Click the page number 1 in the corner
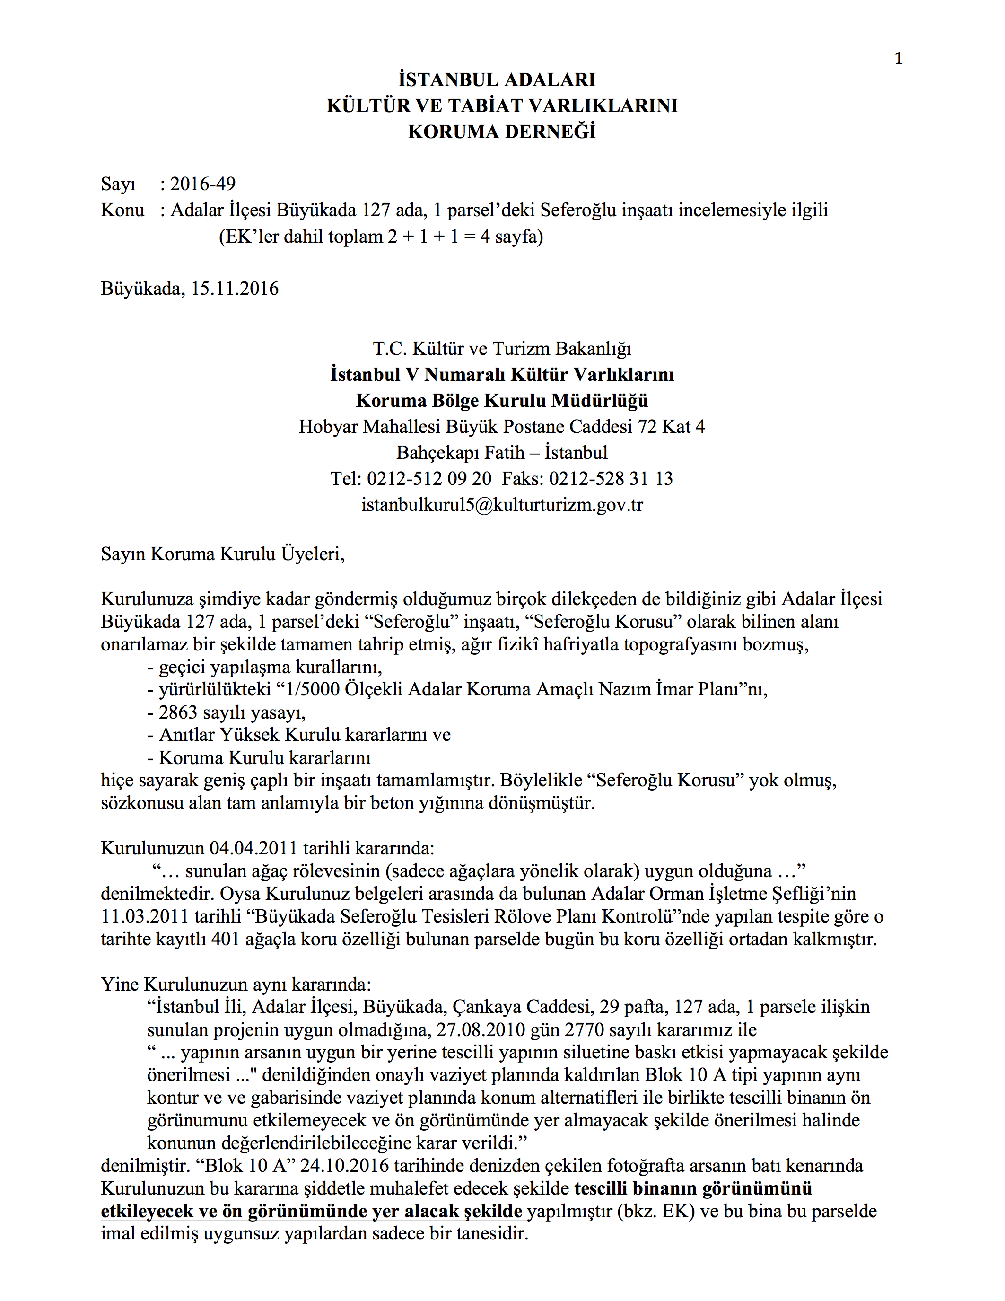[899, 58]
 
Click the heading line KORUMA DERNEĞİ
[502, 132]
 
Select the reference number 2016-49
[202, 184]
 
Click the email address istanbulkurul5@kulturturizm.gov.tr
[502, 505]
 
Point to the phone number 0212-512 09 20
[428, 479]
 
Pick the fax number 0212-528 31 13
[611, 479]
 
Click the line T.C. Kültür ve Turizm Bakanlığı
[502, 349]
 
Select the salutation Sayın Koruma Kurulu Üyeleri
[222, 554]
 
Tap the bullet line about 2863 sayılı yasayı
[226, 712]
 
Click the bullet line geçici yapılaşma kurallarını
[264, 667]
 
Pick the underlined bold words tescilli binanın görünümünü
[693, 1188]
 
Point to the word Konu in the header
[122, 210]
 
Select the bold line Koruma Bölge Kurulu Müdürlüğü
[502, 401]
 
